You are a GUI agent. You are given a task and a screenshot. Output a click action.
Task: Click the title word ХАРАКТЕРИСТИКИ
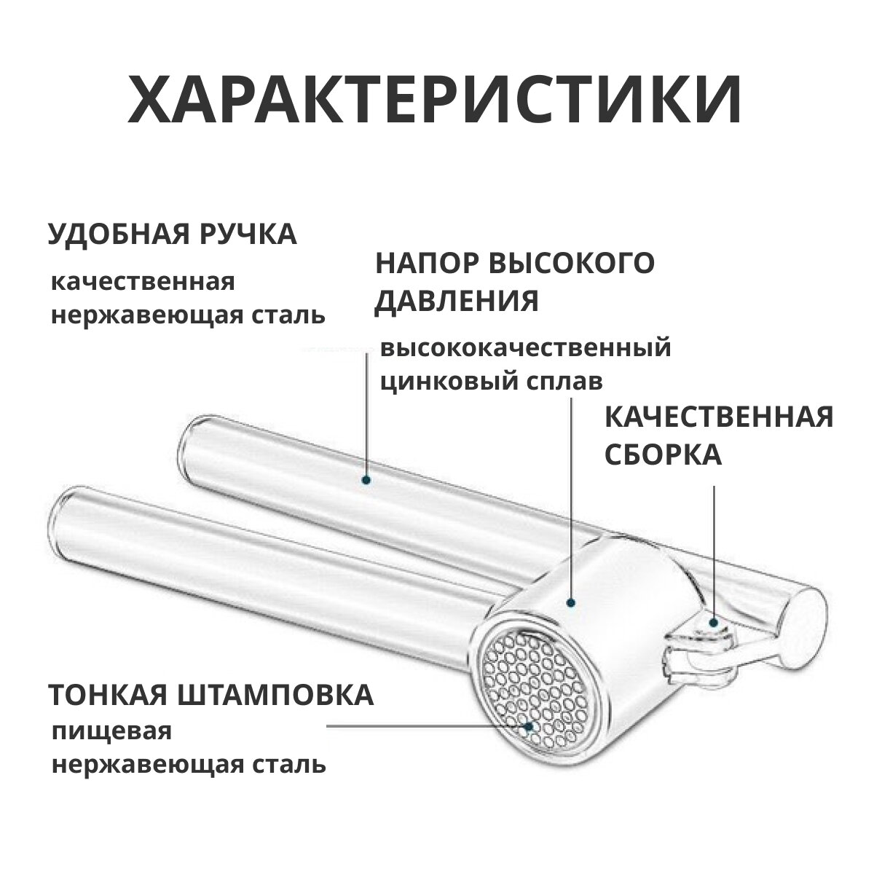435,98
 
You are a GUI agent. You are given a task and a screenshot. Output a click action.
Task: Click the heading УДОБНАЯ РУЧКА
173,235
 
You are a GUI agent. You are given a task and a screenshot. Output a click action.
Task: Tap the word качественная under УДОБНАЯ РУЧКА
143,282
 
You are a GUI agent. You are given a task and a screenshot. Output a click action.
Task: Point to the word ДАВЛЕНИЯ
457,300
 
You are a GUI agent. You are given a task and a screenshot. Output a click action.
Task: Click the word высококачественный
525,348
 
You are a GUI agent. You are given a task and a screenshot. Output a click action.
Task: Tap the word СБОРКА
663,456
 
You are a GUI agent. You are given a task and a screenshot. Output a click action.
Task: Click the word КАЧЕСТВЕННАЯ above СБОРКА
719,418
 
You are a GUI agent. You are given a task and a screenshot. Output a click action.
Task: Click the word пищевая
111,731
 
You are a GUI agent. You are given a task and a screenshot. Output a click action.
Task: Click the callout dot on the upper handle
366,479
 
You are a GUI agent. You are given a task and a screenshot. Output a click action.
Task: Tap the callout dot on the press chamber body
570,602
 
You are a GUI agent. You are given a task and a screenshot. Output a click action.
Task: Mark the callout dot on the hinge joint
714,622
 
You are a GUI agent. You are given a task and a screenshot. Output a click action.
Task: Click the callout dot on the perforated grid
529,726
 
